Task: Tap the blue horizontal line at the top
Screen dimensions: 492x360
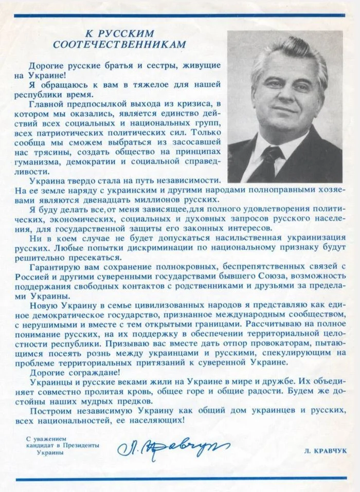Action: tap(180, 15)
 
